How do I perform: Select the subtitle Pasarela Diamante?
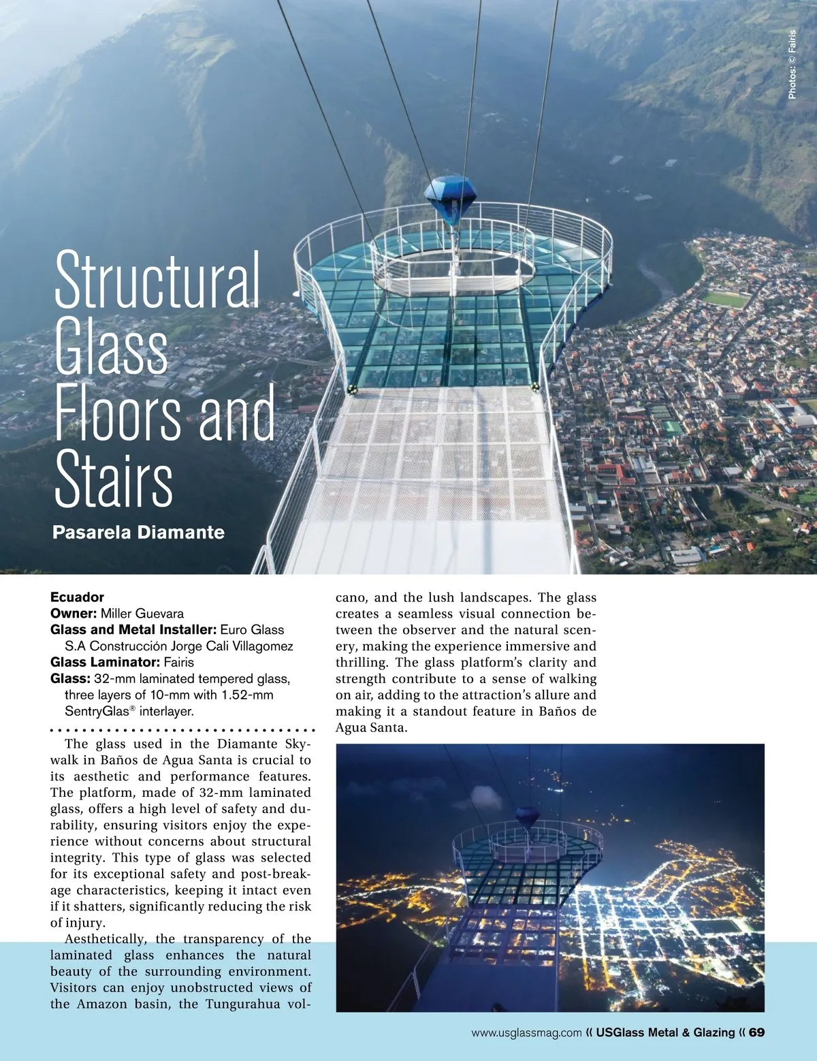[138, 532]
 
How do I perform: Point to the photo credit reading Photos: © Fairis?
[792, 65]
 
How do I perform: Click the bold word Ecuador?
[77, 597]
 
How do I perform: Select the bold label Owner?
[74, 614]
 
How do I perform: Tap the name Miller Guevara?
[142, 614]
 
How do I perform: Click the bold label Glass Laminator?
[106, 662]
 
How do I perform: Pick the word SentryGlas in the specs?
[97, 712]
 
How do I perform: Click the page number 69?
[756, 1032]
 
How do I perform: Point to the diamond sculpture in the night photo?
[527, 815]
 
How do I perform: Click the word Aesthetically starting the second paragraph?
[105, 939]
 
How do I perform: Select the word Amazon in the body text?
[101, 1004]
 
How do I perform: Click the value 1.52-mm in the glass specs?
[247, 695]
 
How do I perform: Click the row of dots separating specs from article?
[182, 729]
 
